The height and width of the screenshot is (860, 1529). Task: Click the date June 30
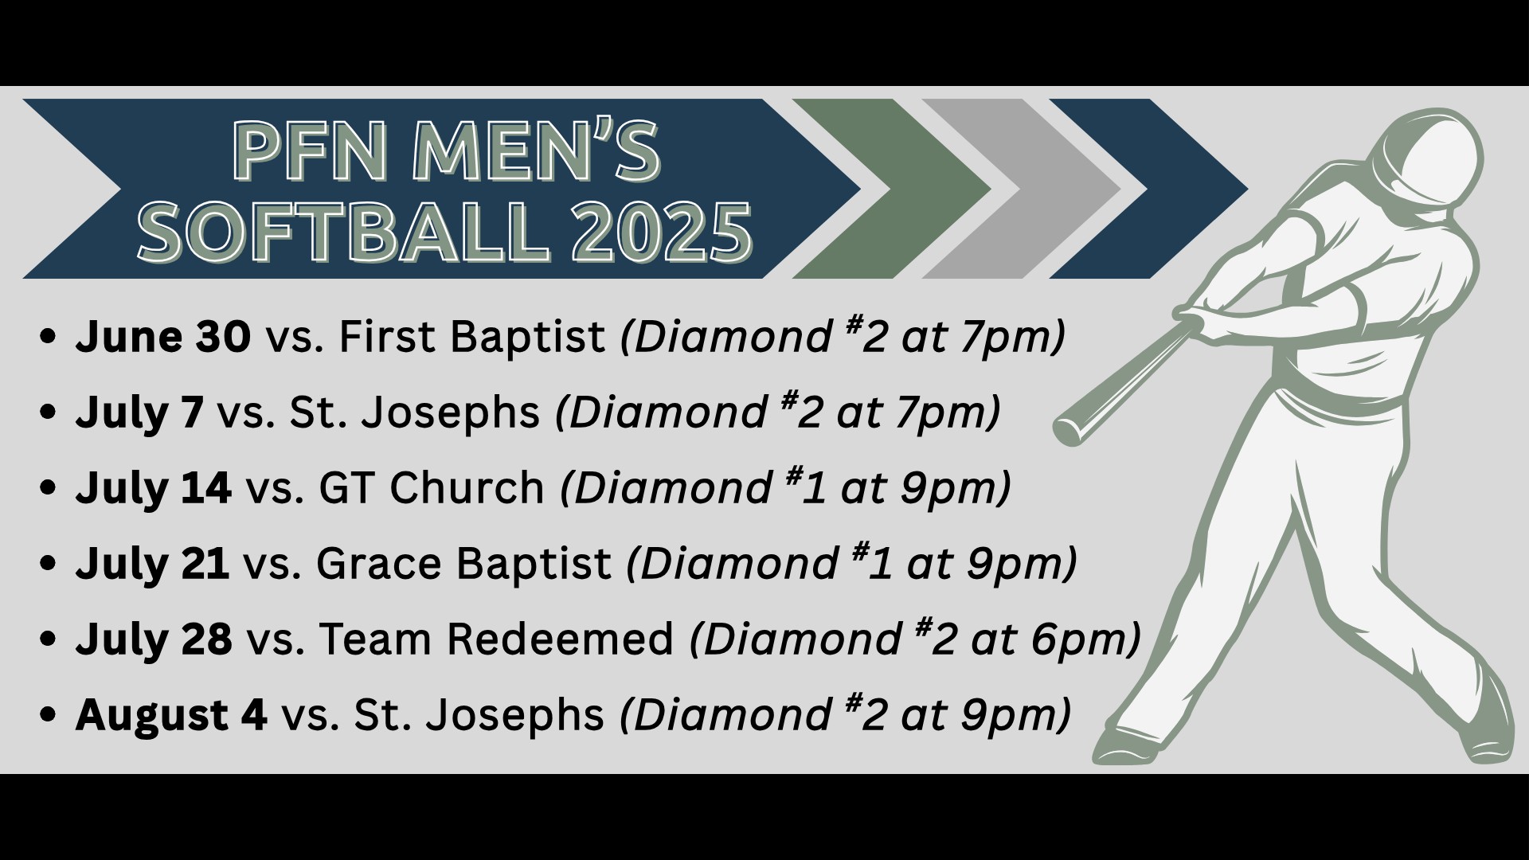click(163, 337)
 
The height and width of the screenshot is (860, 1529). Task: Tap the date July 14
click(154, 488)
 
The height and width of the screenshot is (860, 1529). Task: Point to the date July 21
click(153, 564)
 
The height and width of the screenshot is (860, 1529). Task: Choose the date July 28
click(154, 639)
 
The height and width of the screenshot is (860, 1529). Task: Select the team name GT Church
click(432, 488)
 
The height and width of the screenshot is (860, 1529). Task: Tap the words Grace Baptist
click(463, 565)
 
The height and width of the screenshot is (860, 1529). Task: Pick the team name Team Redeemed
click(497, 639)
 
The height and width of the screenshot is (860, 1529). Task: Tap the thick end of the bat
click(1068, 431)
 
